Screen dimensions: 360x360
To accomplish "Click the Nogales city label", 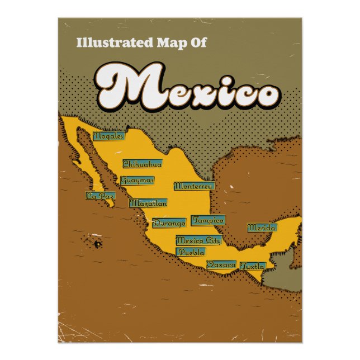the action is [x=109, y=136].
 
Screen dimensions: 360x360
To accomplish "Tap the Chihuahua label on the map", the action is [x=143, y=164].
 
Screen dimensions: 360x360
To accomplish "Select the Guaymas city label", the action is [x=137, y=181].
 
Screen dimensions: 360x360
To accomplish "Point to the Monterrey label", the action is [x=193, y=186].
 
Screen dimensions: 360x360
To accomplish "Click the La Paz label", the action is [x=100, y=196].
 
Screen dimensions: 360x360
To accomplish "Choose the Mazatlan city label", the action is [x=148, y=203].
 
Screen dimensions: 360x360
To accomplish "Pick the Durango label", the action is [x=169, y=223].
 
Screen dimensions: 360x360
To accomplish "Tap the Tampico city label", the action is [x=208, y=220].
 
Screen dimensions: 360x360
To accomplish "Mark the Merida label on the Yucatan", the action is [x=262, y=228].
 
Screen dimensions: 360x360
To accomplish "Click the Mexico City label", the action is [x=198, y=240].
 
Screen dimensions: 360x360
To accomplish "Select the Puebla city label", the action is [x=191, y=252].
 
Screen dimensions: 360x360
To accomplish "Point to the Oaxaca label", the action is [x=221, y=264].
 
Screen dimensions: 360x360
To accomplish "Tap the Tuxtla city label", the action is [x=252, y=267].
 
